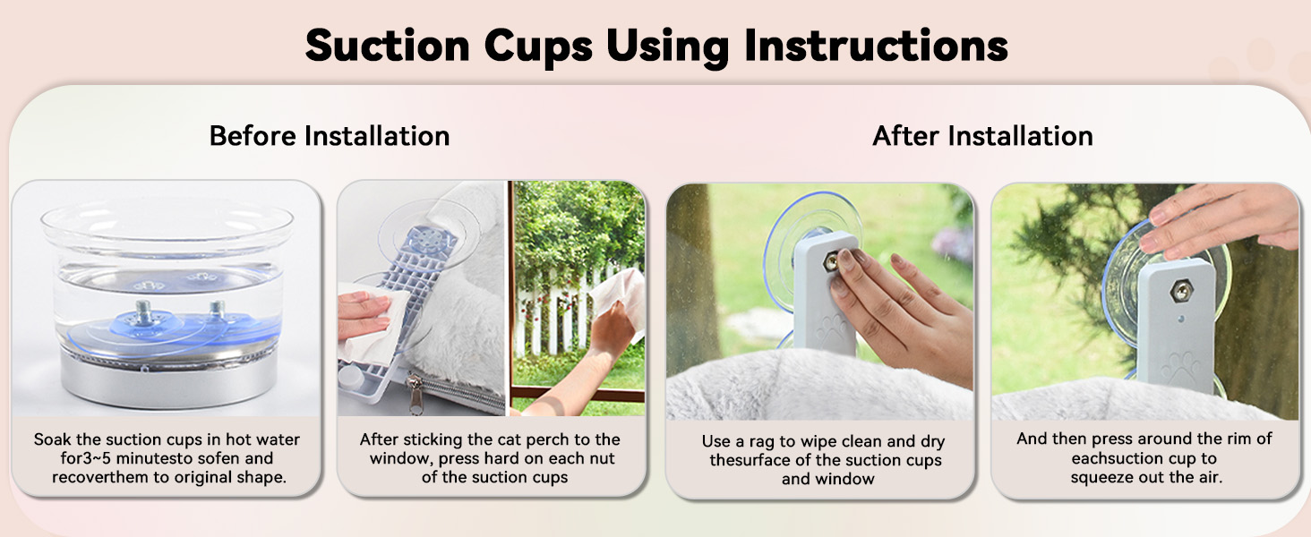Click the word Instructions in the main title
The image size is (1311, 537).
click(876, 46)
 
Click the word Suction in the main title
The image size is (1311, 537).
click(388, 46)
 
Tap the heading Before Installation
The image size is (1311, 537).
click(330, 136)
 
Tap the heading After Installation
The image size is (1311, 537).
click(982, 136)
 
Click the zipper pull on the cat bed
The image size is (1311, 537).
click(416, 394)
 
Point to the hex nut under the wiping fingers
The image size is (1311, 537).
click(831, 261)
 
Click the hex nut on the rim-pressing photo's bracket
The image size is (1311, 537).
click(1181, 291)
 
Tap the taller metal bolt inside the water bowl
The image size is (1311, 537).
click(142, 312)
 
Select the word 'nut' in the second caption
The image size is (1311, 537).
click(603, 458)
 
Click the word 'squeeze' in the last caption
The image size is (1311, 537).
click(1101, 478)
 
